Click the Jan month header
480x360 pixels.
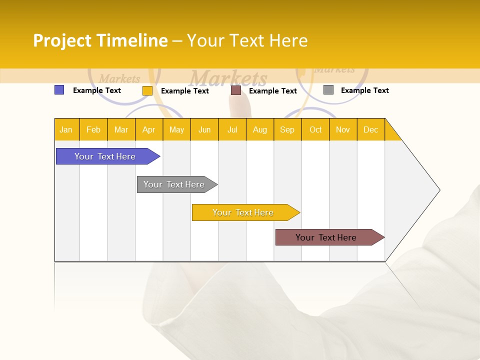pyautogui.click(x=66, y=129)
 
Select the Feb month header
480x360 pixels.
pyautogui.click(x=93, y=129)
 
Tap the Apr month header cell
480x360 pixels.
pyautogui.click(x=149, y=129)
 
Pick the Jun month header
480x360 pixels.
pyautogui.click(x=204, y=129)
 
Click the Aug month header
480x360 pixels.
pyautogui.click(x=260, y=129)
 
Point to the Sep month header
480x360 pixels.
pyautogui.click(x=287, y=129)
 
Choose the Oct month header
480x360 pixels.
pyautogui.click(x=315, y=129)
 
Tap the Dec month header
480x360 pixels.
pyautogui.click(x=371, y=129)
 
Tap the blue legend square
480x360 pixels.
pyautogui.click(x=59, y=90)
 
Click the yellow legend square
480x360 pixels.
pyautogui.click(x=147, y=90)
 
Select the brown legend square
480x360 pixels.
pyautogui.click(x=236, y=90)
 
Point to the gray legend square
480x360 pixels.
pyautogui.click(x=328, y=90)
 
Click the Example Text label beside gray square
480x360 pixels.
pyautogui.click(x=364, y=90)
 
